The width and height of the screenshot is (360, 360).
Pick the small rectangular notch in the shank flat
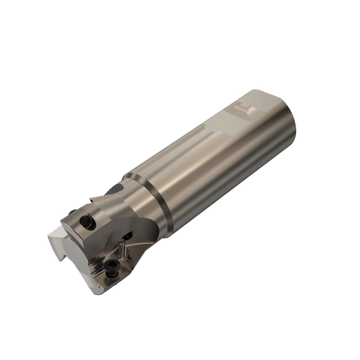click(241, 112)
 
